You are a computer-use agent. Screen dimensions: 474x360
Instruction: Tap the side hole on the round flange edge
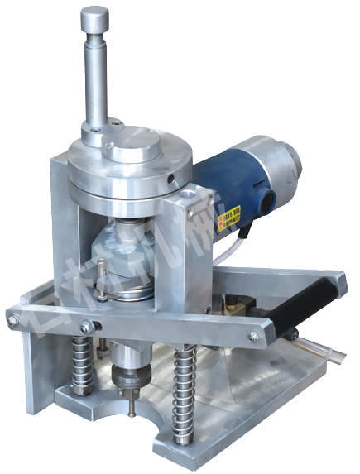tap(170, 177)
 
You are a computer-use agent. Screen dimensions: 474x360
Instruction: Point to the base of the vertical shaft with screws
tap(97, 132)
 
